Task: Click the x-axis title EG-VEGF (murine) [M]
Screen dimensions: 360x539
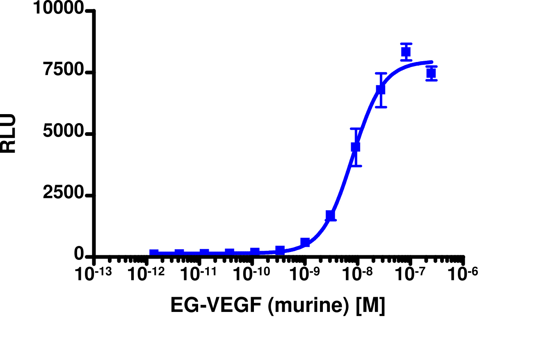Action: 278,306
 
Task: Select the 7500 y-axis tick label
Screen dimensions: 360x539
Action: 64,72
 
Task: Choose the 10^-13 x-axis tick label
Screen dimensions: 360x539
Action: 94,274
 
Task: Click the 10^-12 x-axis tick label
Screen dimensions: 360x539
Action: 146,274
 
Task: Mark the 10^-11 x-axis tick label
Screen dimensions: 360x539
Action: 199,274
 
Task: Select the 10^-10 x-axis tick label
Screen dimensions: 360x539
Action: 252,274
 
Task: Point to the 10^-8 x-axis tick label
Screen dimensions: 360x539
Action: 358,274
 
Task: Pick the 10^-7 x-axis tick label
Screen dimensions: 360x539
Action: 411,274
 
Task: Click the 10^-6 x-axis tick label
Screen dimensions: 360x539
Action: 464,274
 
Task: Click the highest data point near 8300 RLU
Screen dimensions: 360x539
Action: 406,52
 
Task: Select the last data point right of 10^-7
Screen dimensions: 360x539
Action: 431,73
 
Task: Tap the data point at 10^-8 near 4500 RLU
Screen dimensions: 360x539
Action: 356,147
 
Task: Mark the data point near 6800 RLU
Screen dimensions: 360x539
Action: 381,89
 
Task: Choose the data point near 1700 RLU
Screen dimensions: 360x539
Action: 330,215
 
